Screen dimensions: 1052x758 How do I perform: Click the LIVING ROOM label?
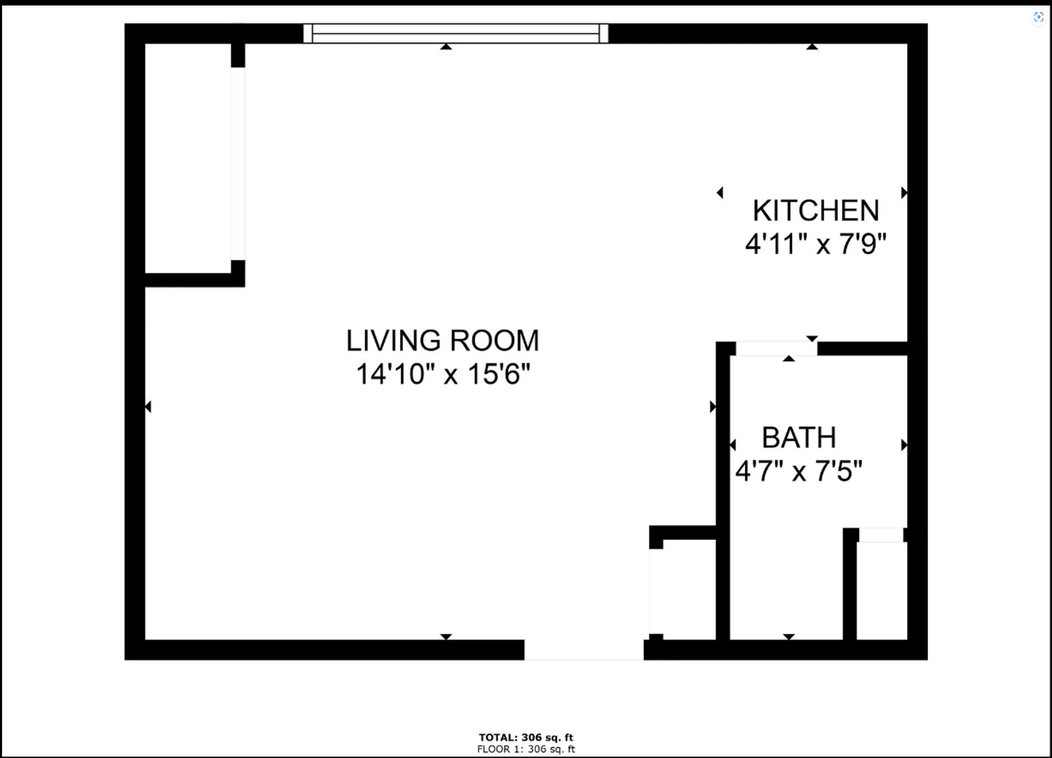click(x=442, y=340)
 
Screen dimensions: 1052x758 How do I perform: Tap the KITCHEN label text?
click(x=816, y=211)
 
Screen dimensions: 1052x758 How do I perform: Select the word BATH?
click(x=799, y=437)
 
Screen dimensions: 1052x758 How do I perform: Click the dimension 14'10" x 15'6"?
click(x=443, y=374)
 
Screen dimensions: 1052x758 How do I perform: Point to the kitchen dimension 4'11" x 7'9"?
click(x=816, y=244)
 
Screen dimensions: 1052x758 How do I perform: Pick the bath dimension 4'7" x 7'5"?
click(x=799, y=471)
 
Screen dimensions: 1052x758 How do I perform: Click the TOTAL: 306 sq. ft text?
click(x=526, y=738)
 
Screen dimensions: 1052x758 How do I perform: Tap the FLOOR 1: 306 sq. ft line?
click(x=526, y=749)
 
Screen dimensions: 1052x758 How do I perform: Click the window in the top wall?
click(x=456, y=33)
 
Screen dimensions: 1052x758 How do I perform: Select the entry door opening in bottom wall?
click(x=584, y=650)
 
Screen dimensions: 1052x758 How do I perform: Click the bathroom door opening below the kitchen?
click(x=776, y=348)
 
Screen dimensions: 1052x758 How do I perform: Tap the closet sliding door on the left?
click(x=237, y=164)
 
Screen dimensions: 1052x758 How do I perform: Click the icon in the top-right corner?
click(x=1039, y=18)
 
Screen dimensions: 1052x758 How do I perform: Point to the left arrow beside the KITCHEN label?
click(x=720, y=192)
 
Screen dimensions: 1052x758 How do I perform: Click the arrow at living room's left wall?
click(x=148, y=406)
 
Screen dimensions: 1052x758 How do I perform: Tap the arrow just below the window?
click(x=446, y=46)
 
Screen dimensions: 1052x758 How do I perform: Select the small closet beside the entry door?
click(x=689, y=590)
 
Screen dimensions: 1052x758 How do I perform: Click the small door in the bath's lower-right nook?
click(x=881, y=535)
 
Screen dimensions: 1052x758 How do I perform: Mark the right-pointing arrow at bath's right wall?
click(x=904, y=445)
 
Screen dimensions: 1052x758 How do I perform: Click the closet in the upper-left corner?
click(x=188, y=158)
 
